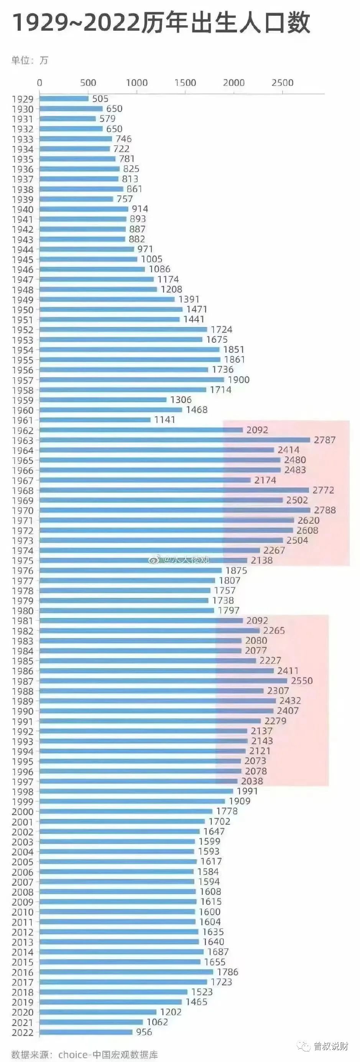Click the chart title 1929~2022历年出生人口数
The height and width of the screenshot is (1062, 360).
[161, 23]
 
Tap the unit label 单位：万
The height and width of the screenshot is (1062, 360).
[30, 61]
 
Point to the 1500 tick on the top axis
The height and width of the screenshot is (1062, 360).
[185, 83]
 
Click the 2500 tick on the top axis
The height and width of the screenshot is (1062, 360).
[283, 83]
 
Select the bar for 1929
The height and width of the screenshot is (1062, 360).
[64, 99]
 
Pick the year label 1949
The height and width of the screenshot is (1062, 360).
[23, 300]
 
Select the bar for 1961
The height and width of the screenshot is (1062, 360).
[95, 420]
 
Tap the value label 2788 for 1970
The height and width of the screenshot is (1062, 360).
[325, 510]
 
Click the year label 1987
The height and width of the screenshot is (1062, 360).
[23, 681]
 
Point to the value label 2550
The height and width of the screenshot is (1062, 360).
[302, 681]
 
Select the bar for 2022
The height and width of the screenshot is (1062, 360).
[86, 1032]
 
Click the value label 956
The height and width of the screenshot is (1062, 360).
[144, 1032]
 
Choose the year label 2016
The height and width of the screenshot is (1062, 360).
[23, 973]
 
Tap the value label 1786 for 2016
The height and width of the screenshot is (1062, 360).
[228, 972]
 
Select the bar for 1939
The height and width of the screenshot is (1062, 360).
[76, 199]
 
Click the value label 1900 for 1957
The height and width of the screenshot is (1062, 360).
[239, 380]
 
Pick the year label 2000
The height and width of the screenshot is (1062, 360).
[23, 812]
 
